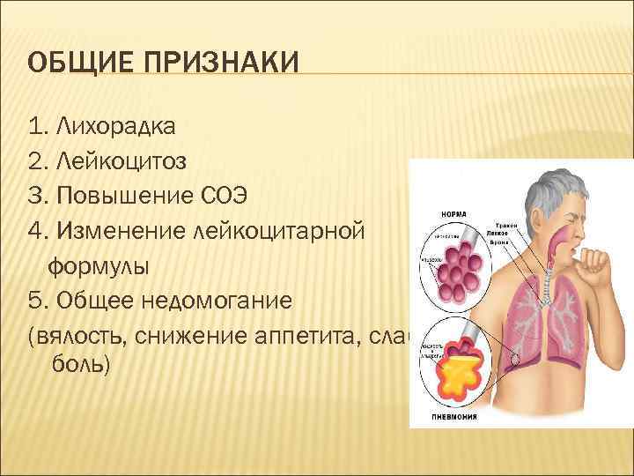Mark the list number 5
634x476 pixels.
point(34,301)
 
